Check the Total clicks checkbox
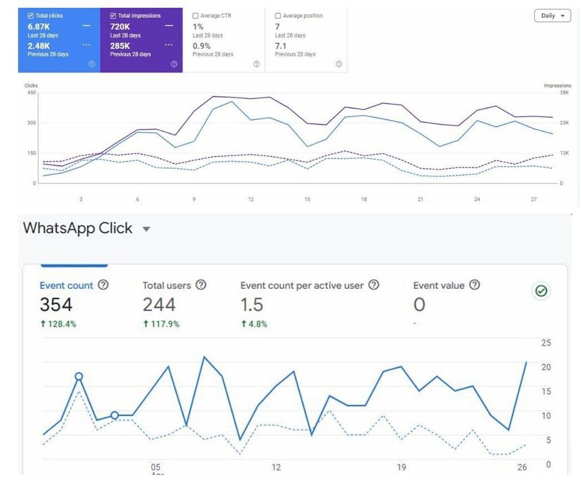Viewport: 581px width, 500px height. (x=31, y=16)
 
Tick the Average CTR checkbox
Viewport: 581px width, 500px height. (x=196, y=16)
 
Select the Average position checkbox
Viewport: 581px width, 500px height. (x=278, y=16)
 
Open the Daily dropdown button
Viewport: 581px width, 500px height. (x=552, y=16)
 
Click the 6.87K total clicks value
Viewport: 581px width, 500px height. (x=38, y=27)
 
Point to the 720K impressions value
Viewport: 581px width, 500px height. (x=119, y=27)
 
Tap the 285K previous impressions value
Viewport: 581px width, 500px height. (x=119, y=46)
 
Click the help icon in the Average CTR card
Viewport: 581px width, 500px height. (x=257, y=64)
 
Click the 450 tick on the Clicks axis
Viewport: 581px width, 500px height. (x=32, y=93)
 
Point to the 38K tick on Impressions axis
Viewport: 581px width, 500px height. (x=564, y=93)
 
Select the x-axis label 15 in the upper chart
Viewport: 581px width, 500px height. (x=307, y=199)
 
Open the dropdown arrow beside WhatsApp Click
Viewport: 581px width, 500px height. (x=147, y=229)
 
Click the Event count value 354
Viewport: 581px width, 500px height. (x=56, y=304)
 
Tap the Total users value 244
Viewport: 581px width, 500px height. (x=159, y=304)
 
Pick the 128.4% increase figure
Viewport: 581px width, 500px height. (x=58, y=324)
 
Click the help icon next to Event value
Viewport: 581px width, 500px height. (x=474, y=284)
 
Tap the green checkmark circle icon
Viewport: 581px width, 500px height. (x=541, y=291)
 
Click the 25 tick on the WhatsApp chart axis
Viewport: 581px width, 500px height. (x=546, y=343)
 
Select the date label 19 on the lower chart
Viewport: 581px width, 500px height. (x=401, y=467)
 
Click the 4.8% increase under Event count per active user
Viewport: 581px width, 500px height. (x=254, y=324)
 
